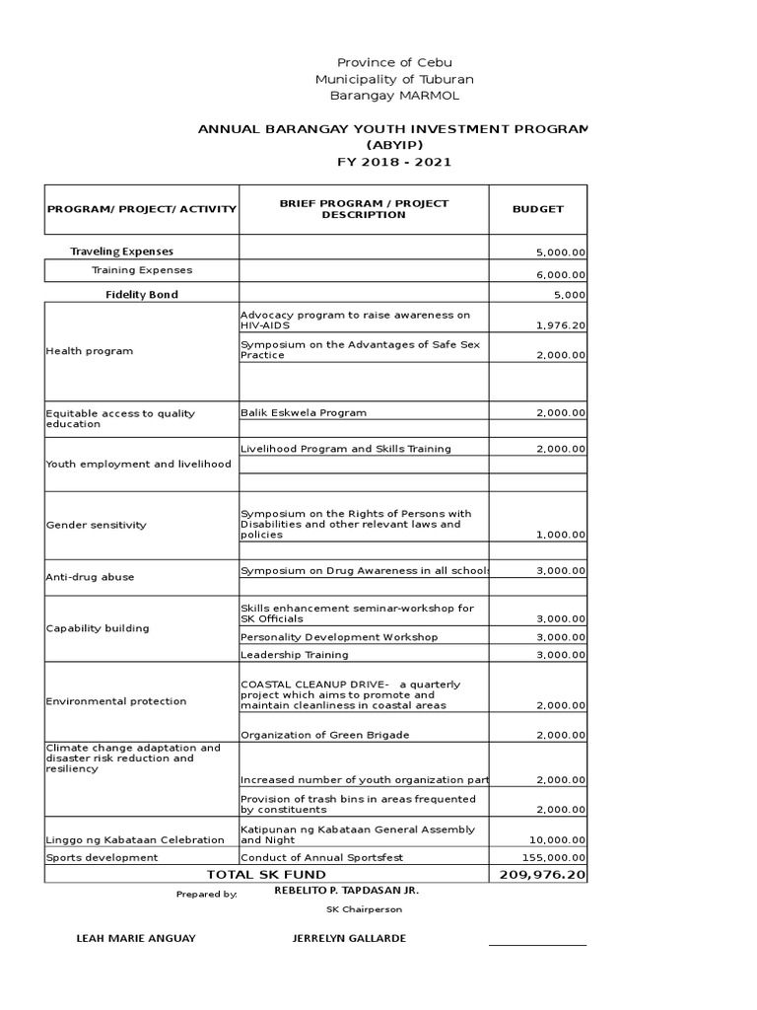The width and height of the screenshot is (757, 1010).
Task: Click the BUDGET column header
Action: tap(538, 209)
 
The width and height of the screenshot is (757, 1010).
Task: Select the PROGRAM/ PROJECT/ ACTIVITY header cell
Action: tap(142, 209)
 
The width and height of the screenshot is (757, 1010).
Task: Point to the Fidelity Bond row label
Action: tap(142, 294)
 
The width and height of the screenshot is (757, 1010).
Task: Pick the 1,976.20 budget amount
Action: tap(561, 324)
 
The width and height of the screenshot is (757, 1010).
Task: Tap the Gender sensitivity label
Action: tap(96, 525)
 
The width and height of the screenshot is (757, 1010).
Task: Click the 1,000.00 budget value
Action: tap(561, 535)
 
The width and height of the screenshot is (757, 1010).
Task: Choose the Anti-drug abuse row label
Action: tap(90, 577)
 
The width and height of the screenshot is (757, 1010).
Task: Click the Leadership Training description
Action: tap(294, 654)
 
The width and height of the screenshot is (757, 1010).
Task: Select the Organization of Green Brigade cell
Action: tap(311, 735)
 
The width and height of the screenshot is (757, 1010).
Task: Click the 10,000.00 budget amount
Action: tap(559, 839)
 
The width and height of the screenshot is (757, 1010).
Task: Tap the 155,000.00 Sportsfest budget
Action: tap(557, 858)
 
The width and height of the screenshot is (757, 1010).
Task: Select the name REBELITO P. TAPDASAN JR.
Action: tap(346, 890)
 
